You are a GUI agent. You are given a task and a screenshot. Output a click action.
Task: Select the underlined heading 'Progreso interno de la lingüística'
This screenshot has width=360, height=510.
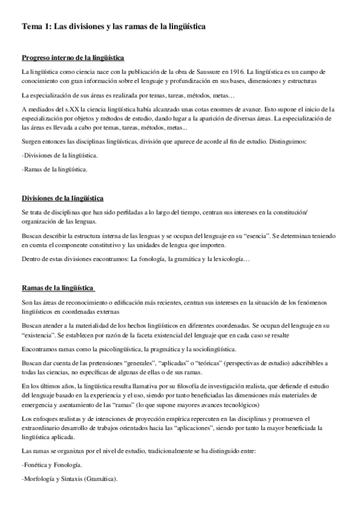[x=73, y=58]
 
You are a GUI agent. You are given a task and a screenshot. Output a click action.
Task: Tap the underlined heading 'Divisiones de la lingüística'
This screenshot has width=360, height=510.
[x=63, y=198]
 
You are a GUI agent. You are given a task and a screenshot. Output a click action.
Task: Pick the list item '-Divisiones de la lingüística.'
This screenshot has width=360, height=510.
[x=59, y=155]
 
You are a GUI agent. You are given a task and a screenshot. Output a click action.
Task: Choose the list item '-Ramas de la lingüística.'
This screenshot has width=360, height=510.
[x=54, y=170]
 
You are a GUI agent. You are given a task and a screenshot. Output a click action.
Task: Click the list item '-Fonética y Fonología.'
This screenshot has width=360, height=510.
[x=53, y=465]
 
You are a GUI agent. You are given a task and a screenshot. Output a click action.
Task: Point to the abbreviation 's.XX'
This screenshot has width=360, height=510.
[x=71, y=109]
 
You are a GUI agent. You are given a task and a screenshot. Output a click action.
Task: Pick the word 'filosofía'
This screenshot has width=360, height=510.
[x=198, y=386]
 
